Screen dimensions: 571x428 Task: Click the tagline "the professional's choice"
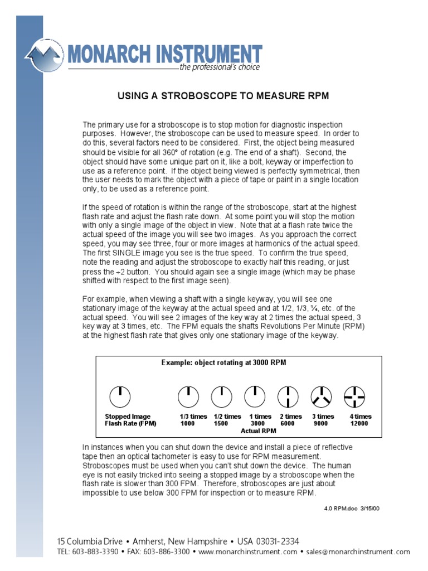click(219, 67)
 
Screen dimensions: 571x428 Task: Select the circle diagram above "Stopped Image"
click(120, 396)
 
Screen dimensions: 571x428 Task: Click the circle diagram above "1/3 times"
click(188, 396)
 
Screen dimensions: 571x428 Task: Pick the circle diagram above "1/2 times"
click(221, 396)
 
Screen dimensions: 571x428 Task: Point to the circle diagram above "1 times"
click(255, 396)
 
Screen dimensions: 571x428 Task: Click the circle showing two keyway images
click(288, 396)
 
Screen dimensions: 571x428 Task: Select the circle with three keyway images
click(322, 396)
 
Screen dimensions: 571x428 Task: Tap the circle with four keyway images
click(355, 396)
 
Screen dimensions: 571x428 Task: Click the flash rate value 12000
click(359, 424)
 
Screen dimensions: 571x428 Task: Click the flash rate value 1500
click(221, 424)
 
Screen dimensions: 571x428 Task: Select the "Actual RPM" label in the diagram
click(258, 431)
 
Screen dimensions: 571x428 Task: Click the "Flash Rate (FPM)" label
click(130, 424)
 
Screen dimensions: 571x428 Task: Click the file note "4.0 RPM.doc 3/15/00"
click(351, 509)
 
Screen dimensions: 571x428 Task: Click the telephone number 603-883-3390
click(96, 552)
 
